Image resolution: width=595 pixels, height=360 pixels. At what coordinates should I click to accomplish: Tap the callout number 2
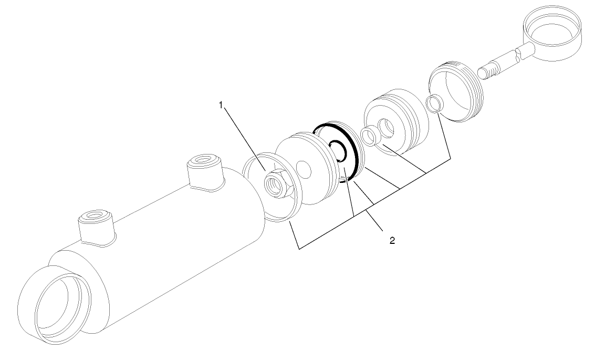coord(392,241)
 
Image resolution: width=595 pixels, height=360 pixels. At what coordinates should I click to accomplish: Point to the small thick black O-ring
coord(337,151)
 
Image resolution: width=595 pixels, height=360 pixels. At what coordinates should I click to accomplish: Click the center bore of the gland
coord(389,127)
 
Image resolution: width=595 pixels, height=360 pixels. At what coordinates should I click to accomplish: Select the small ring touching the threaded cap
coord(433,104)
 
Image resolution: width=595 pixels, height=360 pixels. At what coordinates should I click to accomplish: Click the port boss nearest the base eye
coord(95,227)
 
